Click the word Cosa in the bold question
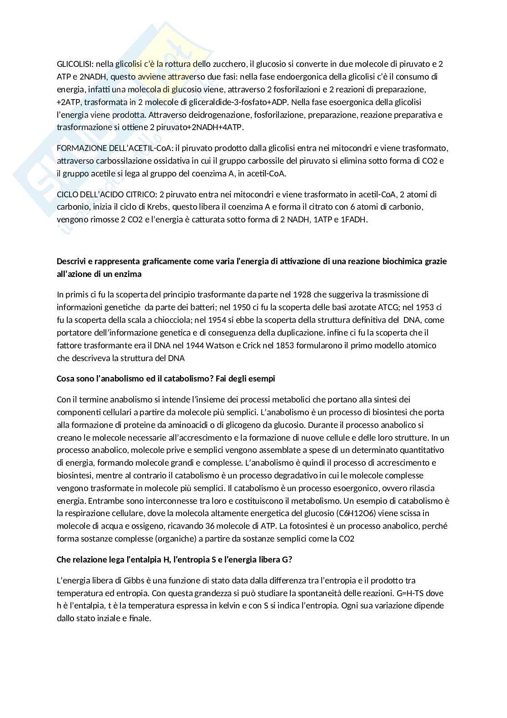point(65,379)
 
